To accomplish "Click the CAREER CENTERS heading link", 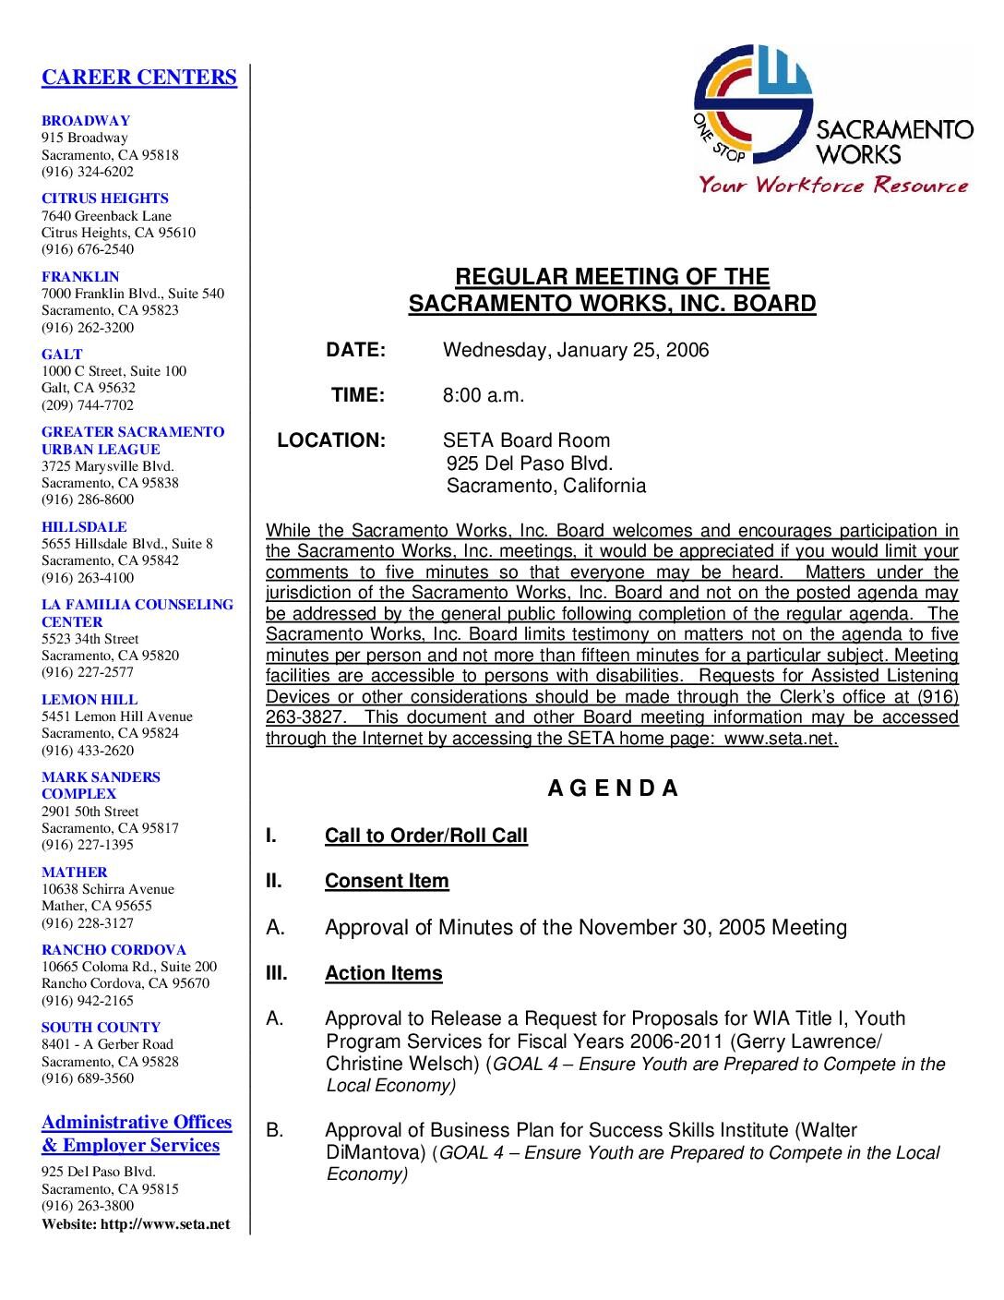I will click(x=138, y=78).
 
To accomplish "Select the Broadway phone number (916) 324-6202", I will click(x=88, y=172).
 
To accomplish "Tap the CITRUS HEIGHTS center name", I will click(x=105, y=199).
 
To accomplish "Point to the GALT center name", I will click(x=62, y=355).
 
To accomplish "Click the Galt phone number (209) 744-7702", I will click(x=88, y=405).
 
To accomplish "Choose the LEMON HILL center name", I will click(x=90, y=700).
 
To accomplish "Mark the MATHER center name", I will click(x=74, y=873).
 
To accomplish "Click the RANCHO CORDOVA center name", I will click(x=114, y=950).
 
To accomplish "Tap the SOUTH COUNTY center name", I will click(x=101, y=1028).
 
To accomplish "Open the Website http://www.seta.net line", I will click(x=136, y=1224).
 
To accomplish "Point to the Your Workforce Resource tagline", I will click(x=833, y=186).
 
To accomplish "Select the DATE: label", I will click(x=355, y=350).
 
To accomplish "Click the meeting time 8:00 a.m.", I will click(x=484, y=395).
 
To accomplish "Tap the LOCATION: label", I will click(x=331, y=440).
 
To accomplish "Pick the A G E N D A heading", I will click(x=613, y=788).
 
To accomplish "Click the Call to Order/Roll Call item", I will click(x=426, y=836).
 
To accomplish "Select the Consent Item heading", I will click(x=387, y=881).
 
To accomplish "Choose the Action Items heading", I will click(x=383, y=973).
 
